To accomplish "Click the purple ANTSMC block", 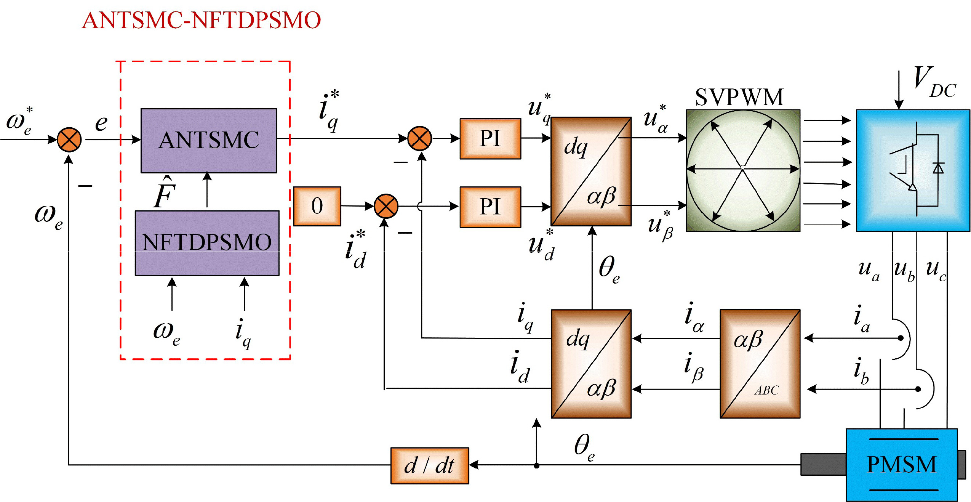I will click(x=208, y=140).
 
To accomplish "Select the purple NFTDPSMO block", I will click(x=207, y=243).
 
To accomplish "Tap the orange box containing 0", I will click(x=317, y=206).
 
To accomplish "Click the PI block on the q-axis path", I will click(x=490, y=138).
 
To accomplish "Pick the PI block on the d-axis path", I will click(x=490, y=207).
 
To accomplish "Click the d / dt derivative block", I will click(x=429, y=465).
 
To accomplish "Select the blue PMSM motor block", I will click(x=901, y=464).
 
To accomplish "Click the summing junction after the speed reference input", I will click(x=69, y=140).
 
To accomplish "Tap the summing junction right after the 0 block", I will click(x=386, y=206).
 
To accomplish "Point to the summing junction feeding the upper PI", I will click(x=419, y=138).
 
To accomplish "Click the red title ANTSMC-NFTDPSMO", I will click(x=201, y=20).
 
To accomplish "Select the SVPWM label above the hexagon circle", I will click(x=739, y=97).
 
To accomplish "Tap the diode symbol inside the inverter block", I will click(x=938, y=168).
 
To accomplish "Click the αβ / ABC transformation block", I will click(x=760, y=364).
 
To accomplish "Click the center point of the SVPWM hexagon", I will click(x=742, y=167).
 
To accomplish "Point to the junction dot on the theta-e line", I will click(x=536, y=465).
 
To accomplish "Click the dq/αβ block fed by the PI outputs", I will click(x=591, y=172).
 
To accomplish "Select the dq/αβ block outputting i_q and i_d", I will click(x=591, y=364).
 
